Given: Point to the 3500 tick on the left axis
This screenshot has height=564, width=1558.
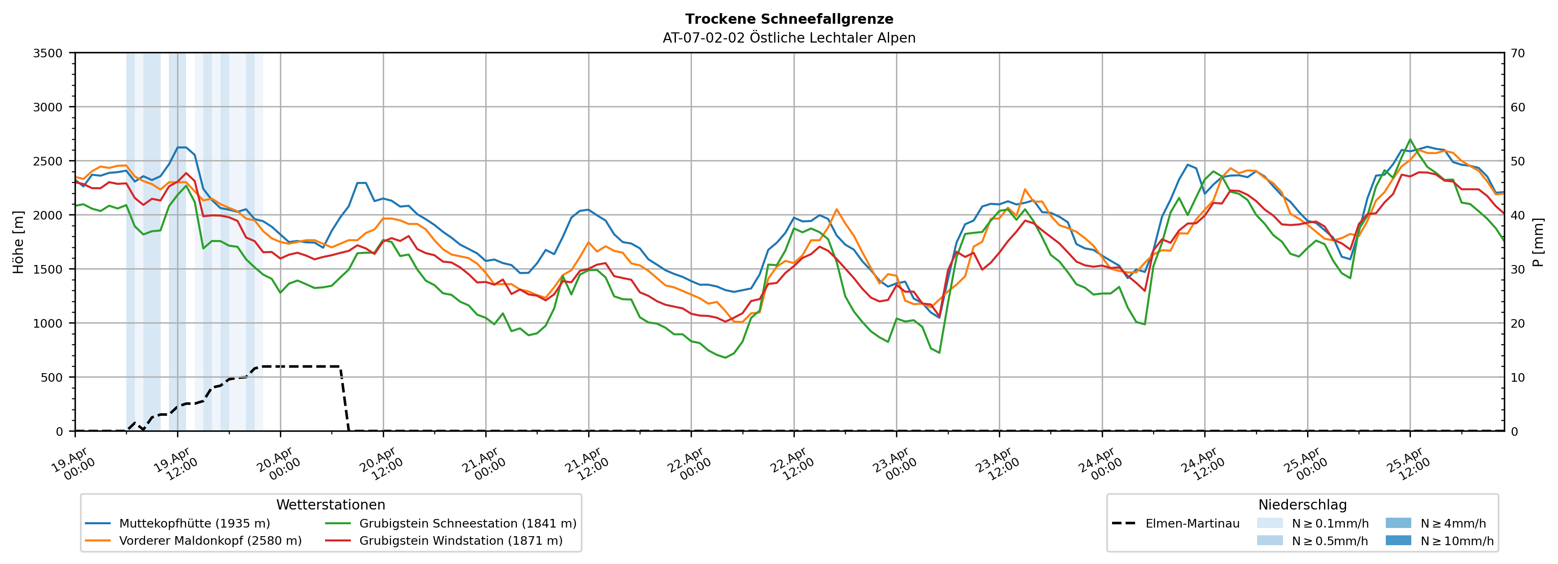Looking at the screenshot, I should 48,53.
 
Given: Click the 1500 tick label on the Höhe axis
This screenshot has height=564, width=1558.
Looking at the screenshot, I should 48,270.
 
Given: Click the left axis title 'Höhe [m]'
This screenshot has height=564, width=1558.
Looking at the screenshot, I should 19,242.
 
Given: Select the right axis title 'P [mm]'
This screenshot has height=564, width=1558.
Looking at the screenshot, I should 1538,242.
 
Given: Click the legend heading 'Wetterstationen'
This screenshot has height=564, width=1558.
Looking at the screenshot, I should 330,505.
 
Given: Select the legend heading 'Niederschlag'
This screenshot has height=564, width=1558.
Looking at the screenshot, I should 1302,505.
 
